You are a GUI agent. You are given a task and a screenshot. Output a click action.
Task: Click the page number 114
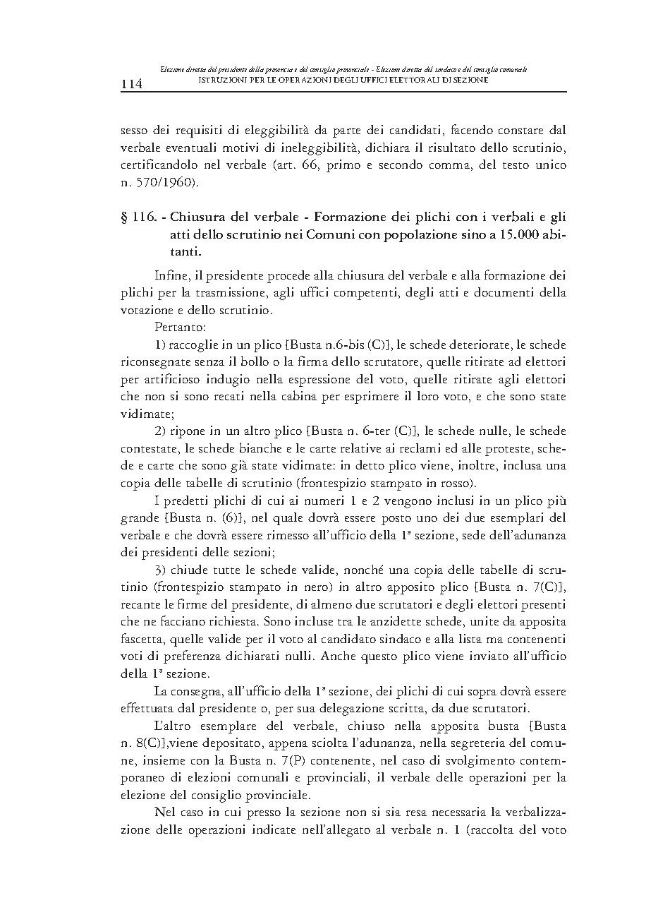(132, 84)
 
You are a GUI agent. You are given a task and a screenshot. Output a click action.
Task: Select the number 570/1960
(162, 184)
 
